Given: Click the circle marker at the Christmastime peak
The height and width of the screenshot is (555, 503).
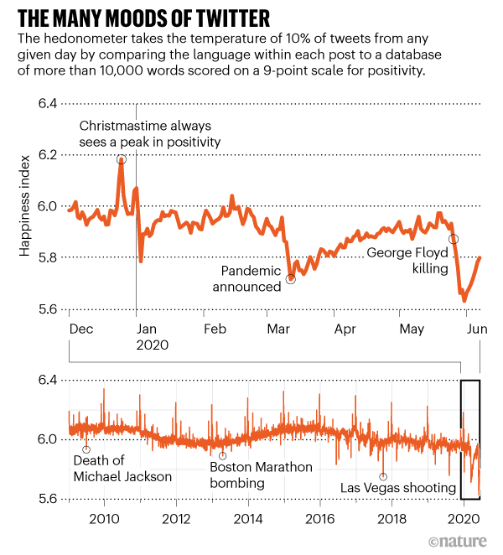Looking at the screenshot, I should point(122,160).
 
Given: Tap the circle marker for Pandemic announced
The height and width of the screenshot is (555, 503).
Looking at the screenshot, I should point(291,279).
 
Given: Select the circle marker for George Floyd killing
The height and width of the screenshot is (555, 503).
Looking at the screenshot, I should point(454,239).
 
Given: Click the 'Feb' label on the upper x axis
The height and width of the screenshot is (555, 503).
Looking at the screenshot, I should point(215,329).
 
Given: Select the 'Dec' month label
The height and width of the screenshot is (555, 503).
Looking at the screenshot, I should point(81,329).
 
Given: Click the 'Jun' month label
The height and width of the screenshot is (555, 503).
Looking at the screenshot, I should point(477,329).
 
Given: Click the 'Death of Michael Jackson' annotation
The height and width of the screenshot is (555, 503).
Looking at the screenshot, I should point(122,469).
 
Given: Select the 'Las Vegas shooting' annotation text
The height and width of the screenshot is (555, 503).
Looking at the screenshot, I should point(398,487).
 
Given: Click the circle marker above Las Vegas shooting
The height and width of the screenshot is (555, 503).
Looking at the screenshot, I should point(383,476).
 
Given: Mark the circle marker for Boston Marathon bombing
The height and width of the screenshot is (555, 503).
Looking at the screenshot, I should point(222,456).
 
